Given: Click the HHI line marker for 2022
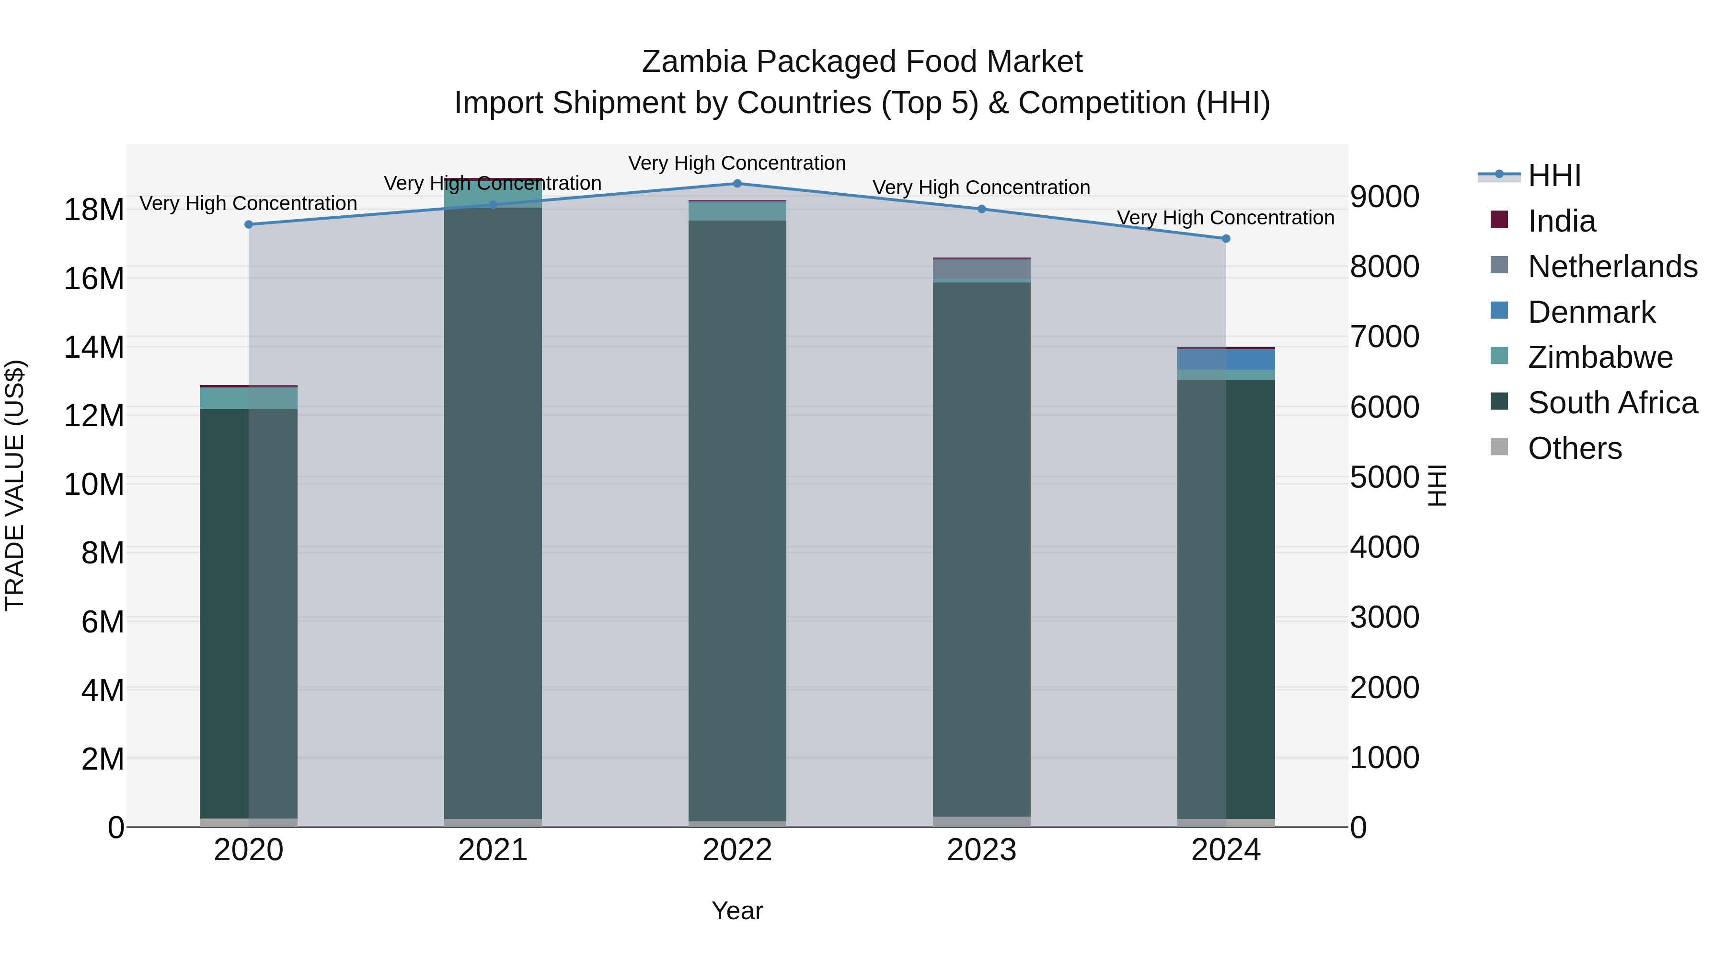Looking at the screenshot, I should click(737, 184).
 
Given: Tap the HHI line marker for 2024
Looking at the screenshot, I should click(1226, 239).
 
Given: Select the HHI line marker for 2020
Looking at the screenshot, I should click(248, 224).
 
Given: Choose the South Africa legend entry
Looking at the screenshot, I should click(1612, 403).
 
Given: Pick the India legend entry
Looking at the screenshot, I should click(1561, 221).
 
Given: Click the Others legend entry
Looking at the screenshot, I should click(1575, 448).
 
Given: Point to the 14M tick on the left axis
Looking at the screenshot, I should click(94, 347).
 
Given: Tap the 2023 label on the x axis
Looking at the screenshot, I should click(982, 850).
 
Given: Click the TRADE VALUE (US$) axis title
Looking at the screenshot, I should click(15, 485).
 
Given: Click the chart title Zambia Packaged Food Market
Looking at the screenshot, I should click(862, 62).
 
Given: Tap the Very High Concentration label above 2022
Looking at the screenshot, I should click(737, 163).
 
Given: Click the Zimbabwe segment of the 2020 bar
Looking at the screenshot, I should click(248, 398).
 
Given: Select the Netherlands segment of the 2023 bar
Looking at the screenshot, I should click(982, 269).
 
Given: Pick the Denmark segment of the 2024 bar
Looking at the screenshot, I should click(1226, 359).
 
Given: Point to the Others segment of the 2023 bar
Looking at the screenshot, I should click(982, 821).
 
